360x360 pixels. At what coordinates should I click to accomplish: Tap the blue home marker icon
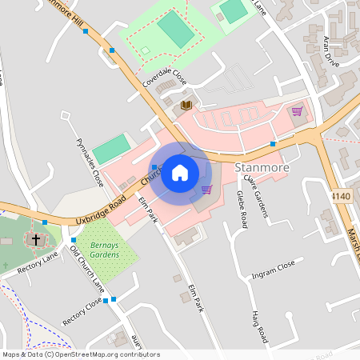click(180, 173)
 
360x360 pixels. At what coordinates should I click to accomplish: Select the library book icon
click(186, 105)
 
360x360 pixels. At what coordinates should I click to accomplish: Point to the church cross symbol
click(34, 238)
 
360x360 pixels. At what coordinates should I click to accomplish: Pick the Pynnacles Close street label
click(90, 161)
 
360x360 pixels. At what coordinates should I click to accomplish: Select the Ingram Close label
click(273, 267)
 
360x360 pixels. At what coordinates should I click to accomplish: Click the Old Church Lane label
click(87, 269)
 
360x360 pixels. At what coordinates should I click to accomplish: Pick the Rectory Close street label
click(82, 310)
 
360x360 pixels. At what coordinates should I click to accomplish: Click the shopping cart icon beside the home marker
click(206, 190)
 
